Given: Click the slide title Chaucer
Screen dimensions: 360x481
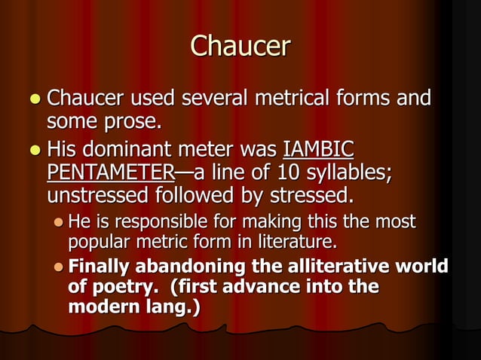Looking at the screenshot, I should coord(240,46).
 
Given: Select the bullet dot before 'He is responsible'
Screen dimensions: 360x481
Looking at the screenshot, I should coord(59,222).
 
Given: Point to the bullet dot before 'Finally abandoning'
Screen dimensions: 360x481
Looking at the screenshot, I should coord(59,267).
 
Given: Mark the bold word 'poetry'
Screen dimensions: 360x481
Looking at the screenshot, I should coord(124,288).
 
